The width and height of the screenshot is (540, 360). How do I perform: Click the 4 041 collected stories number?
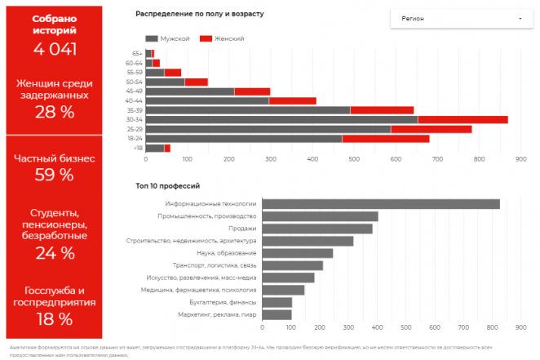(55, 48)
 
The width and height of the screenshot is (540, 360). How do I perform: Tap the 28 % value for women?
(55, 112)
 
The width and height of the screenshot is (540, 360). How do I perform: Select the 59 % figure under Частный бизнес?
(55, 175)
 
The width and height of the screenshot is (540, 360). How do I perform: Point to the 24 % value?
(55, 253)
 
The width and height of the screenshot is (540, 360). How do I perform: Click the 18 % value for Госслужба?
(55, 318)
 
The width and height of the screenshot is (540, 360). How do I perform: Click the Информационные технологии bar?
(383, 204)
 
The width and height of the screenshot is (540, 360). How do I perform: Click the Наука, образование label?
(229, 253)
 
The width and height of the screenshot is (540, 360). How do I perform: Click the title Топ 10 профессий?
(167, 186)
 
